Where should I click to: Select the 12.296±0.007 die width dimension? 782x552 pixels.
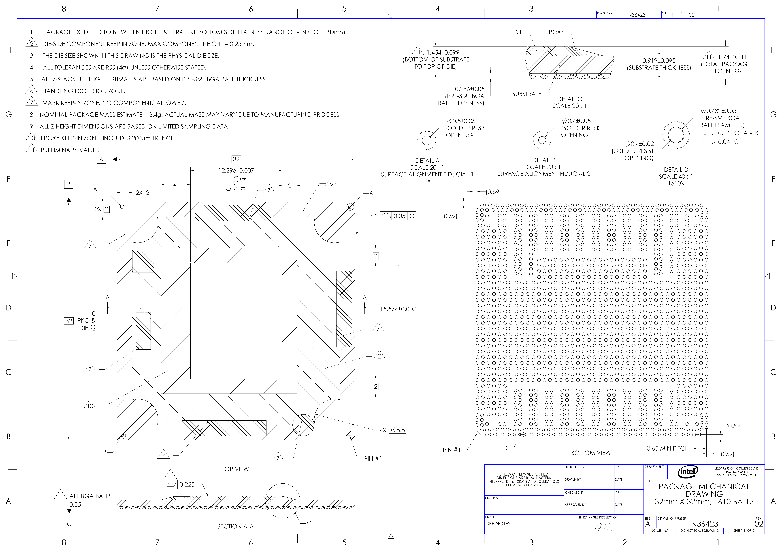236,170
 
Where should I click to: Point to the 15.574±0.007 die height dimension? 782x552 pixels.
398,309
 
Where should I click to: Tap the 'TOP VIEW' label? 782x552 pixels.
235,469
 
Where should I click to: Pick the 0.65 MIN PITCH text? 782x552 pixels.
668,449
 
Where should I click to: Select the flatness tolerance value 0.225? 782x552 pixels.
187,484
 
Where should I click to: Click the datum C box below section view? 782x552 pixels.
69,524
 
